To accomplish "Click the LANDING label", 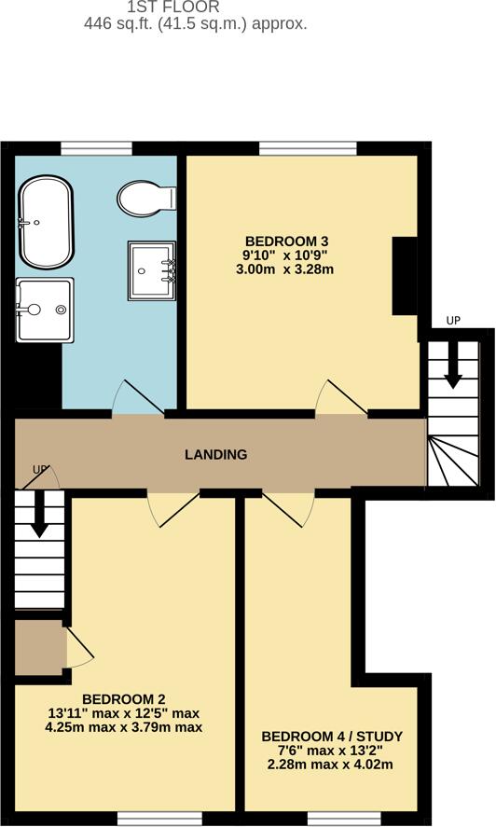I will (215, 455).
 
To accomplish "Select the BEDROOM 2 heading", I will (124, 698).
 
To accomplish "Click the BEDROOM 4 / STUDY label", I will (332, 736).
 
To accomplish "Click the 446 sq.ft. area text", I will (195, 24).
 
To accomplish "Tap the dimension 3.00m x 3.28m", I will (284, 269).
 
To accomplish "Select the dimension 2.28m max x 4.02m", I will (332, 766).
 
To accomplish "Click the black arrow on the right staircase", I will (453, 365).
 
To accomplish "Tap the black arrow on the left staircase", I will (39, 515).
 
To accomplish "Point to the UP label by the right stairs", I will (453, 321).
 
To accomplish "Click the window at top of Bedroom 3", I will (308, 146).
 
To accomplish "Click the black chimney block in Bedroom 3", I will (405, 277).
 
